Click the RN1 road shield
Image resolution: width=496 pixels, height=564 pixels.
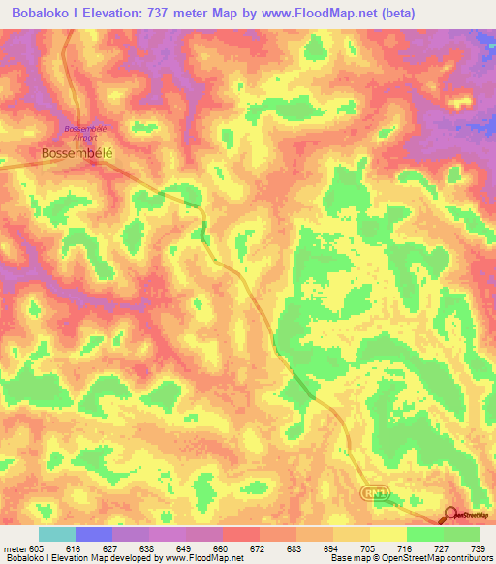[x=376, y=493]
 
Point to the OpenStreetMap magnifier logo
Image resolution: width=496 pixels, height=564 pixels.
[x=452, y=514]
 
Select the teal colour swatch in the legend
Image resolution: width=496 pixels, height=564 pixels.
[x=57, y=534]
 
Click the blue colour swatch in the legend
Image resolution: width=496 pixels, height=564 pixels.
[x=94, y=534]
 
